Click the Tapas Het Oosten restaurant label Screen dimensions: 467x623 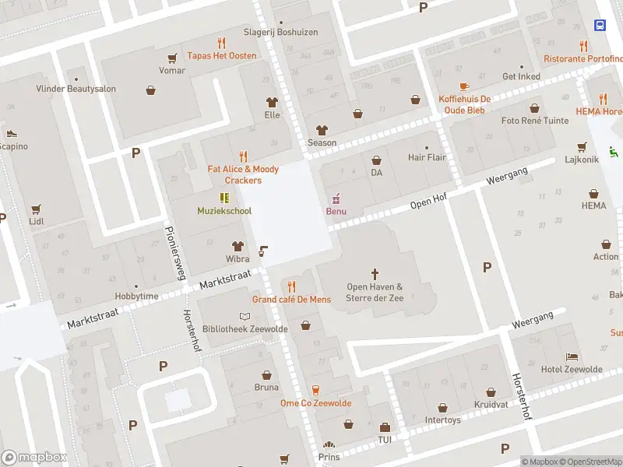pyautogui.click(x=221, y=55)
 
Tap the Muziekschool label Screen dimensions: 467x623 pyautogui.click(x=224, y=211)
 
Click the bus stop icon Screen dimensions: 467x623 pyautogui.click(x=600, y=25)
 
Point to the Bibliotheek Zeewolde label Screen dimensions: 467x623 pyautogui.click(x=245, y=329)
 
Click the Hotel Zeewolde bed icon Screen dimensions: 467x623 pyautogui.click(x=572, y=355)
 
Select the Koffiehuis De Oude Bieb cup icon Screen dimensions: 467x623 pyautogui.click(x=464, y=86)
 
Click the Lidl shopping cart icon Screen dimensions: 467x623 pyautogui.click(x=36, y=209)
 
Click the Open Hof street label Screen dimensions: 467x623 pyautogui.click(x=428, y=202)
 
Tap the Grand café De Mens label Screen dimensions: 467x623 pyautogui.click(x=291, y=300)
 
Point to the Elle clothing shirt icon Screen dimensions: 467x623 pyautogui.click(x=272, y=101)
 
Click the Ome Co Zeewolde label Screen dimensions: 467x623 pyautogui.click(x=315, y=403)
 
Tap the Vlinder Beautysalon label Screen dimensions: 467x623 pyautogui.click(x=76, y=89)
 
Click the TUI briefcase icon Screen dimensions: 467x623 pyautogui.click(x=385, y=427)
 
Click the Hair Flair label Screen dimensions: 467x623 pyautogui.click(x=427, y=157)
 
